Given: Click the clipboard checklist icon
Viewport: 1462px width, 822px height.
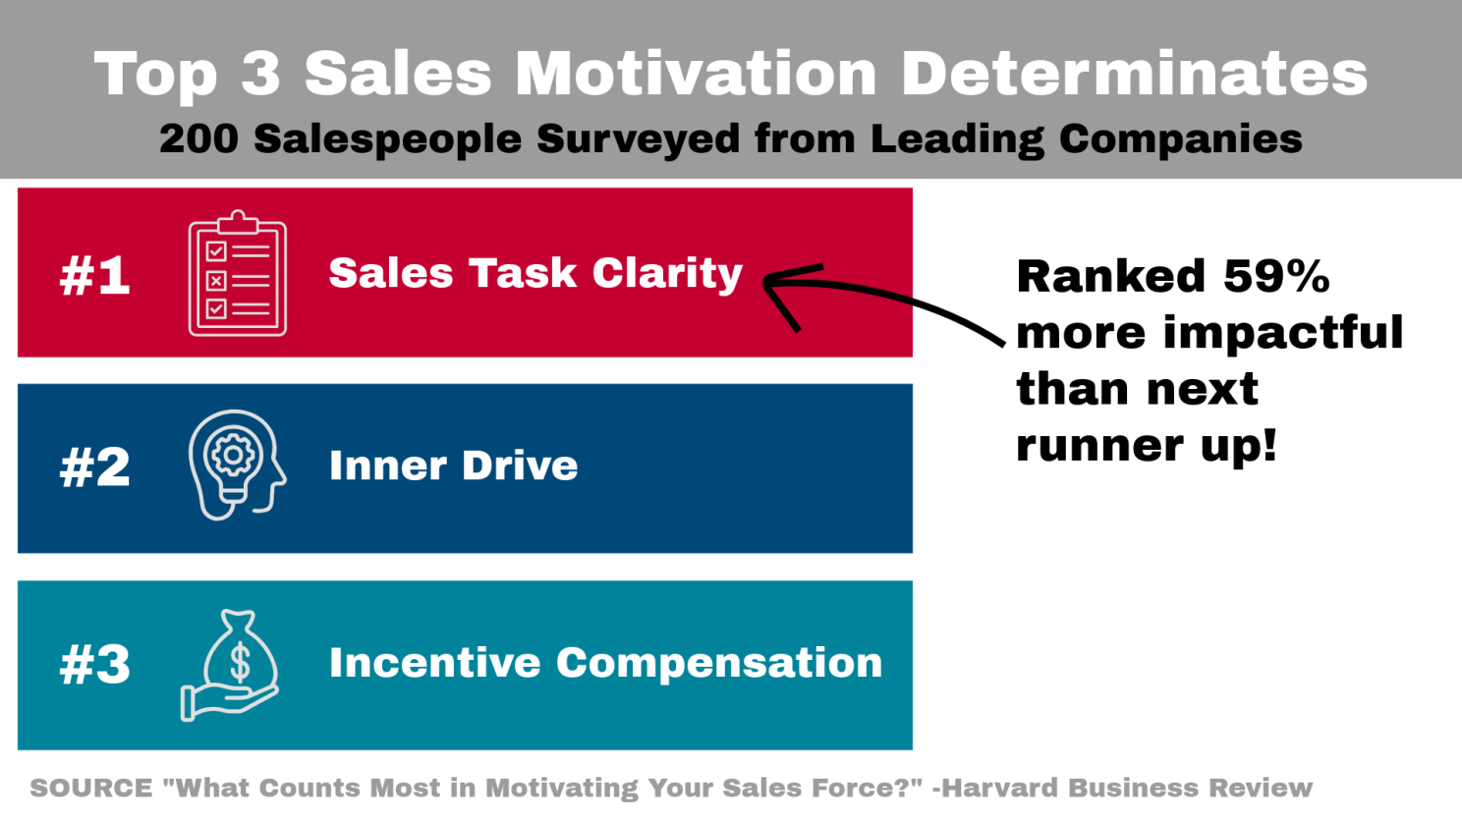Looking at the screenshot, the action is click(238, 273).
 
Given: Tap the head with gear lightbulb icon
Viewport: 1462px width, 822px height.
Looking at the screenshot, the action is click(237, 465).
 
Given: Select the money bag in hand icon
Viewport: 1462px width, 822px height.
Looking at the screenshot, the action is click(230, 666).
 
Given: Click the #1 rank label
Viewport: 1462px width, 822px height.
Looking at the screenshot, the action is click(94, 276).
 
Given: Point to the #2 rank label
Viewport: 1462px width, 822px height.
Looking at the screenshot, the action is click(94, 467).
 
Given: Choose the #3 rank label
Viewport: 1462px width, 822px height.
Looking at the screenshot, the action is click(94, 666).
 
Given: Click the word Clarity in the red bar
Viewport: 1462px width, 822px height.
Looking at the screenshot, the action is click(667, 274).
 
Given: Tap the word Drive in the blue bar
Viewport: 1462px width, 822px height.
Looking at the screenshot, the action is click(520, 466).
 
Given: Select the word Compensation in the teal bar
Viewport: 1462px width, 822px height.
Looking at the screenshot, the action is click(719, 664).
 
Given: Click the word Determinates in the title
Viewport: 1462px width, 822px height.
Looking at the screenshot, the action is click(1135, 73).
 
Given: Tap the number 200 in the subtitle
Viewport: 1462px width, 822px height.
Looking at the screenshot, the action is click(198, 138).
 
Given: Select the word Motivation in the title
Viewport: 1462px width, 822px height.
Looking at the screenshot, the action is click(696, 73).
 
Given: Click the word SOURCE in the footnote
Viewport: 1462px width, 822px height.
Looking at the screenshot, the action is click(91, 788).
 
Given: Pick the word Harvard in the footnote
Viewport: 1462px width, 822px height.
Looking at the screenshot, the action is click(1003, 788).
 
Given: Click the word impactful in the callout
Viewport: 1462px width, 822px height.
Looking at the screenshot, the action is click(1283, 333).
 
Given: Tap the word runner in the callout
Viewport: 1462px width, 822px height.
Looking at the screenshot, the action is click(1099, 446).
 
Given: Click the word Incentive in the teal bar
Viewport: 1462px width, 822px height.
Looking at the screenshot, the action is click(435, 663).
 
